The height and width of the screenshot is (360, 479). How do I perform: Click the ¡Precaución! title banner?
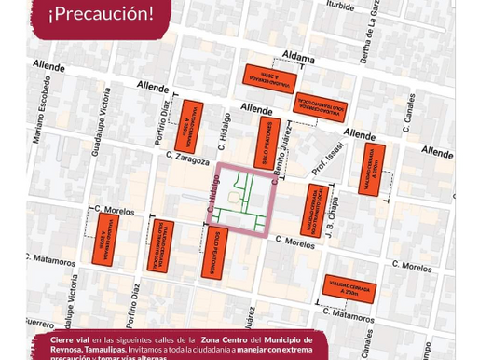(x=101, y=14)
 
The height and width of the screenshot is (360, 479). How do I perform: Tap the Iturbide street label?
(x=339, y=6)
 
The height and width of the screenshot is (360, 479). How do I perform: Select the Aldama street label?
(x=298, y=58)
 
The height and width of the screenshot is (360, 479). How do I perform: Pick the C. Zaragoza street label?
(x=187, y=157)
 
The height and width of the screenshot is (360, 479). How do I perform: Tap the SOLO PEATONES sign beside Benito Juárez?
(x=267, y=143)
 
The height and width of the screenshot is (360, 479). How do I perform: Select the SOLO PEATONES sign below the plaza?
(x=213, y=253)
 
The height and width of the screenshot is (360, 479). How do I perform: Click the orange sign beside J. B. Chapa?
(x=315, y=210)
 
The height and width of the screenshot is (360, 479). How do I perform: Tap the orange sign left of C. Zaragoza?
(x=190, y=125)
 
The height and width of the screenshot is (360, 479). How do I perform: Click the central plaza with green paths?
(x=244, y=198)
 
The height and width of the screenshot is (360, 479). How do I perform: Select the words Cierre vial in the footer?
(x=70, y=340)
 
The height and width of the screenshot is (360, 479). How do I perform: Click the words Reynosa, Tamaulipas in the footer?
(x=88, y=350)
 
